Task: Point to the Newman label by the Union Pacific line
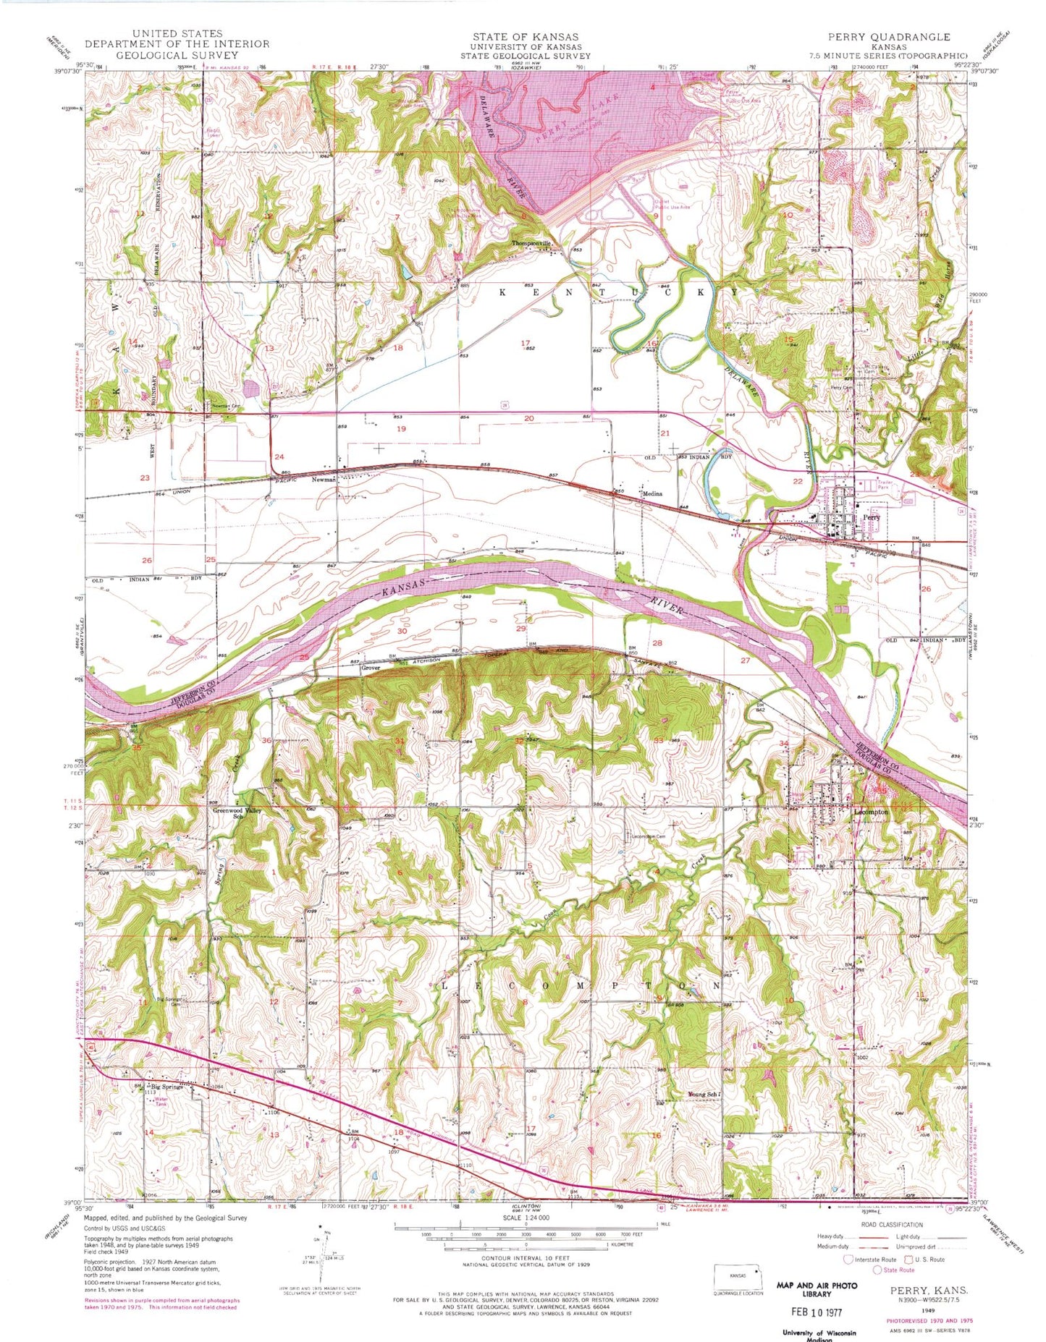pyautogui.click(x=324, y=480)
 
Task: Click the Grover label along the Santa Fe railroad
pyautogui.click(x=371, y=668)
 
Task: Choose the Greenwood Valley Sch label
pyautogui.click(x=236, y=814)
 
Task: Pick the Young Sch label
pyautogui.click(x=701, y=1095)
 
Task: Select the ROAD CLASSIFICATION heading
pyautogui.click(x=893, y=1225)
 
